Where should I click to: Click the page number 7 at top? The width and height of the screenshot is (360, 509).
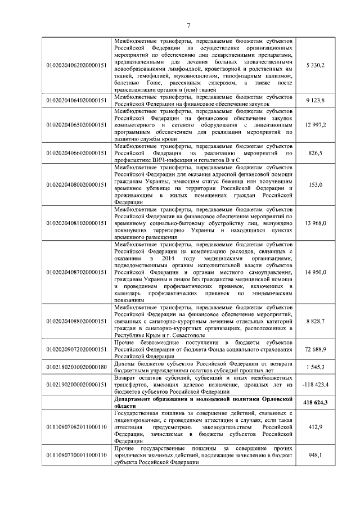[189, 24]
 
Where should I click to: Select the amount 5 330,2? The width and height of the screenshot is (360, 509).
[315, 66]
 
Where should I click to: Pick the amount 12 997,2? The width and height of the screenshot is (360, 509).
[315, 124]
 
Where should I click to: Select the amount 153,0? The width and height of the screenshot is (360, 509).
[315, 184]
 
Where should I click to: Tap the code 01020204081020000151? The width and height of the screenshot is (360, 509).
[76, 223]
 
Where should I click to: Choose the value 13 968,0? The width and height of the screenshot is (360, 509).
[315, 223]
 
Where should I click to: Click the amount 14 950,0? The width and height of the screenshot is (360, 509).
[315, 272]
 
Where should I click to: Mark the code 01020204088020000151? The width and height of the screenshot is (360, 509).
[76, 321]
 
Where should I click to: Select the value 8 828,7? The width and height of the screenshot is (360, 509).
[315, 321]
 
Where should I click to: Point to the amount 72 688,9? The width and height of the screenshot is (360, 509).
[315, 349]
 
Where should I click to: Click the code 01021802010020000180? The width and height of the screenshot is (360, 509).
[76, 367]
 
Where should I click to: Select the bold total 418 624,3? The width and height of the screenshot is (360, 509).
[315, 403]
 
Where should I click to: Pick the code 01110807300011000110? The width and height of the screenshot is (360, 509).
[76, 455]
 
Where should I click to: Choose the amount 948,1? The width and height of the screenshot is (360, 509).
[315, 455]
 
